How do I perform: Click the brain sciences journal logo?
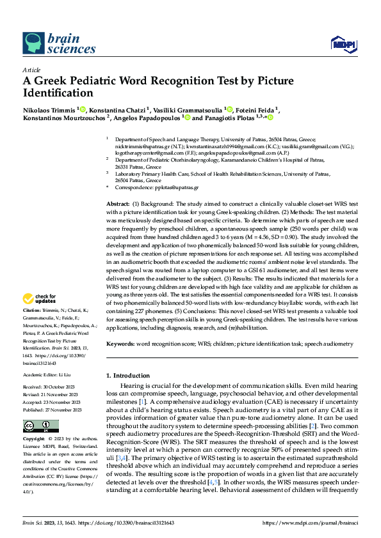[x=59, y=44]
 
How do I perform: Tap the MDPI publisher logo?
[x=343, y=43]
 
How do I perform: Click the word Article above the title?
[x=31, y=70]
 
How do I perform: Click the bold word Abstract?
[x=118, y=203]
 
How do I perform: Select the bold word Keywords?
[x=120, y=344]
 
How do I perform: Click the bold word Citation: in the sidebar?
[x=33, y=309]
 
